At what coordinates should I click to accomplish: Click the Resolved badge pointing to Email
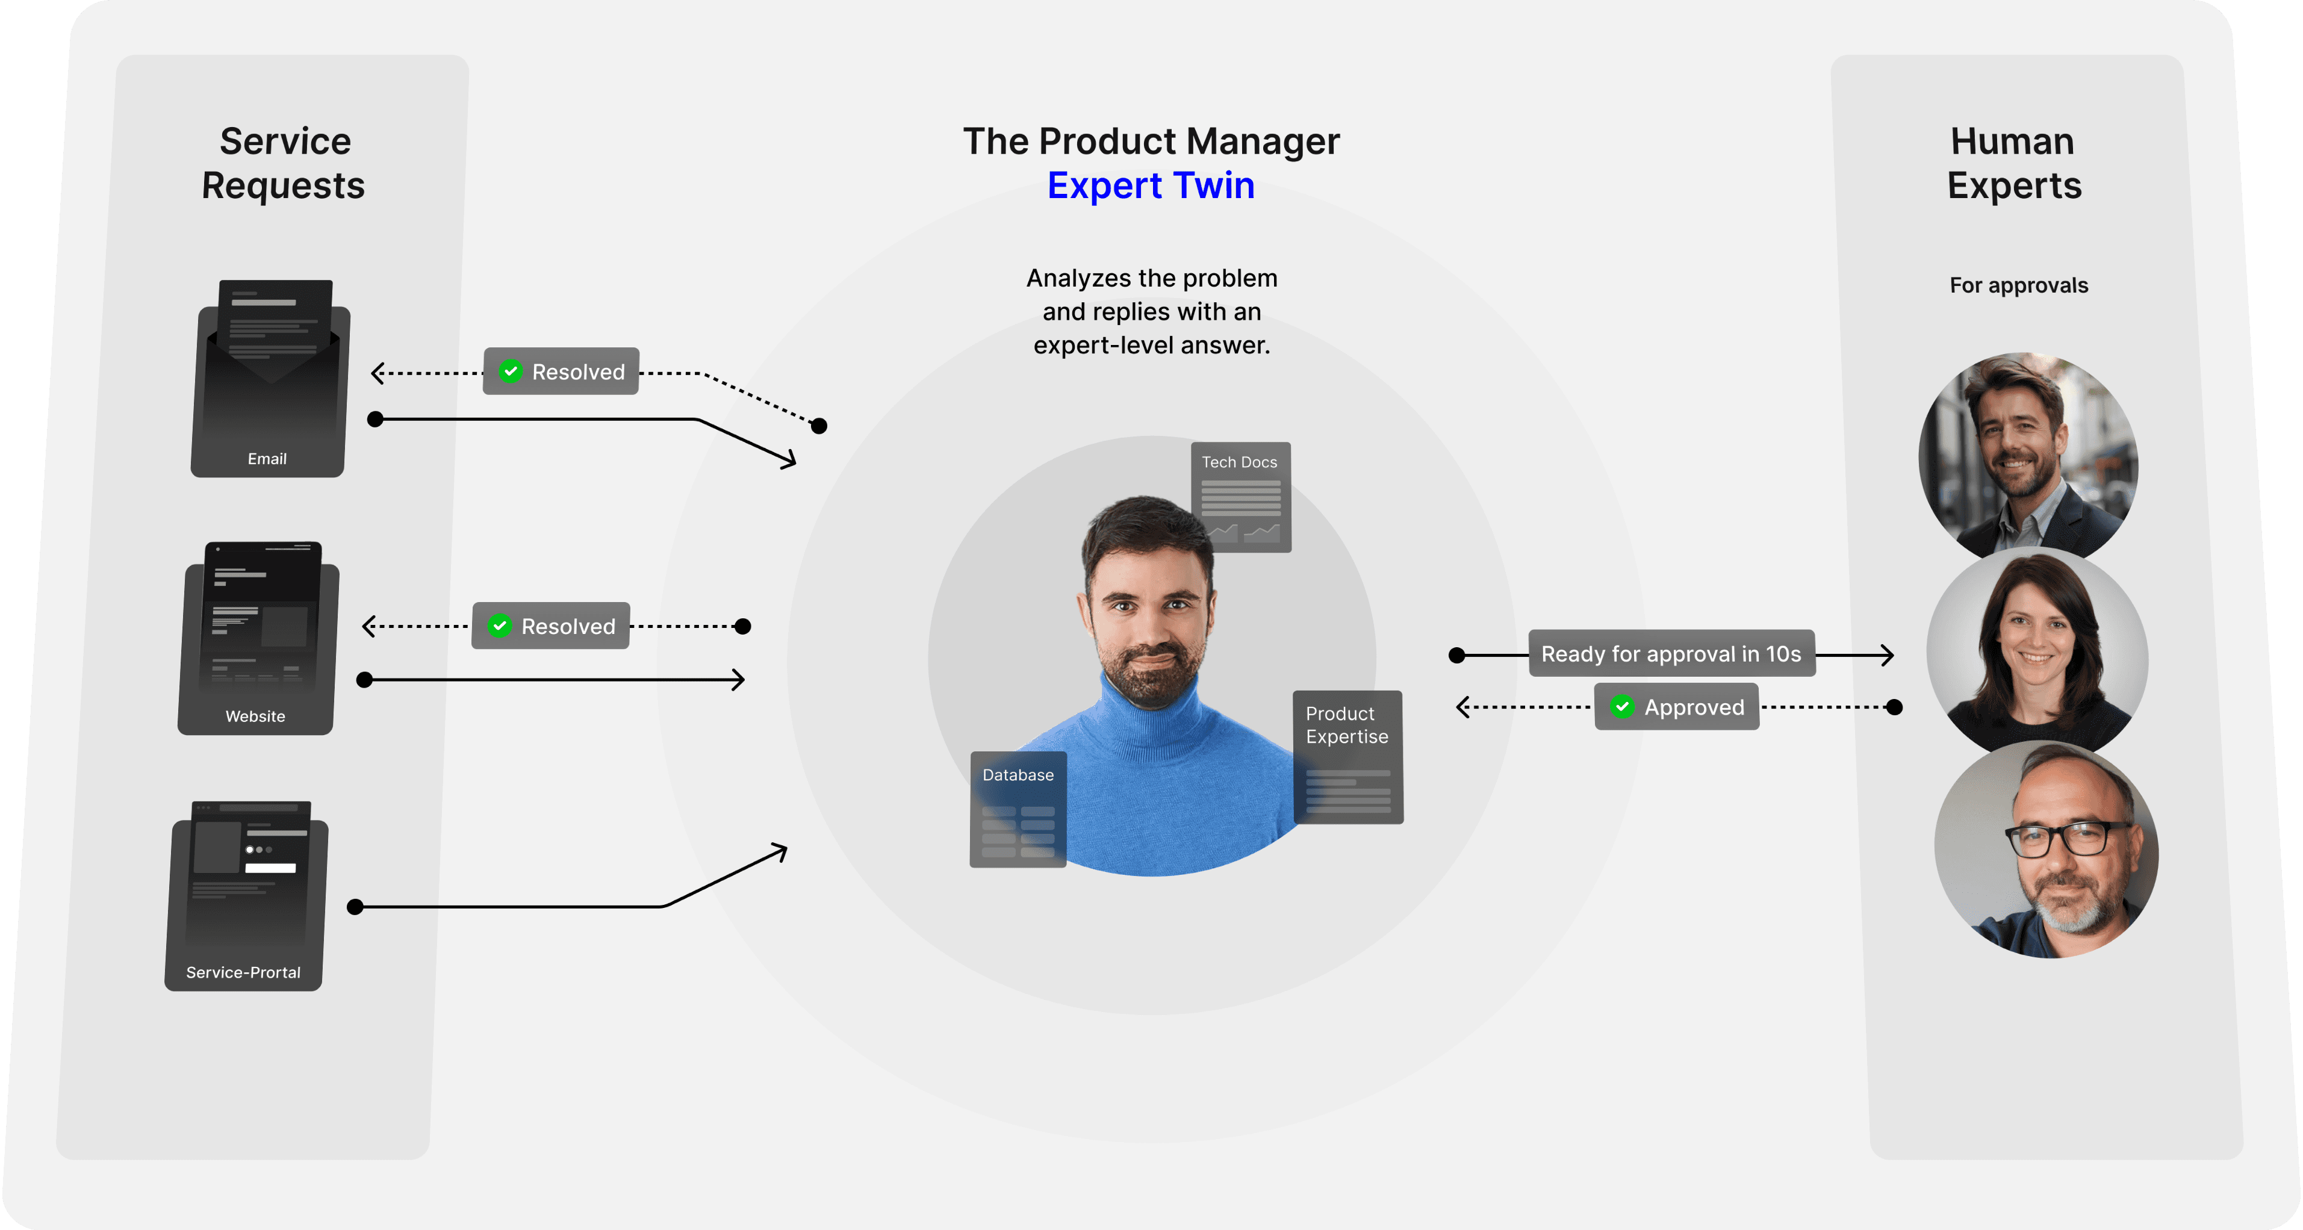[561, 371]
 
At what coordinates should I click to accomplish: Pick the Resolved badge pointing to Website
[551, 626]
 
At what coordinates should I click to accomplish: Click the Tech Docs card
[1241, 496]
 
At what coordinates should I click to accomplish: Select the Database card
[1018, 809]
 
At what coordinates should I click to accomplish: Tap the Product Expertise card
[1347, 756]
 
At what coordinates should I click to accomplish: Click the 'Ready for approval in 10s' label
[1671, 653]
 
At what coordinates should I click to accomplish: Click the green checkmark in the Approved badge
[1622, 706]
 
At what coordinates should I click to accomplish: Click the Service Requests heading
[284, 163]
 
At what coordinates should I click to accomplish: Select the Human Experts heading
[2014, 163]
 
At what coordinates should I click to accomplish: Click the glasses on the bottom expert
[2068, 839]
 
